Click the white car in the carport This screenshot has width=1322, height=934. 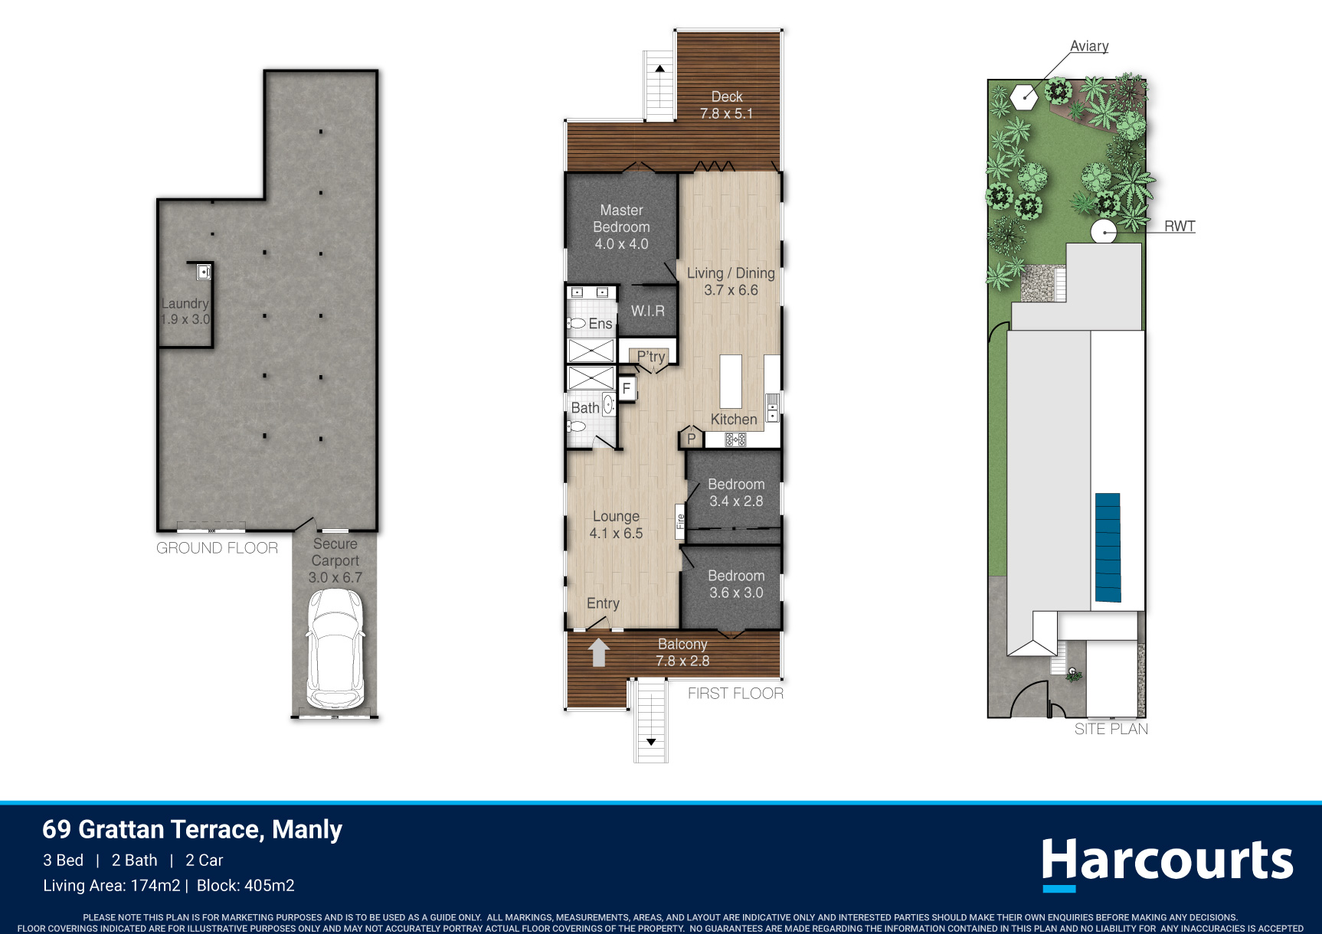pos(335,649)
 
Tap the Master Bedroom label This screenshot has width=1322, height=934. pos(621,227)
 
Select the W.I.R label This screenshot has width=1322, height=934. pos(648,311)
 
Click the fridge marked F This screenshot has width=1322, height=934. pos(627,388)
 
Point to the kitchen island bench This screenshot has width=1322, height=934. pos(731,381)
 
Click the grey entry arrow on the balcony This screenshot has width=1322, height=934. pos(598,652)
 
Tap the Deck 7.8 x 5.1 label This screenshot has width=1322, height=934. pos(727,105)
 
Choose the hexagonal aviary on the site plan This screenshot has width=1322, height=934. pos(1024,97)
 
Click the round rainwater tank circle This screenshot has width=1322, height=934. pos(1104,231)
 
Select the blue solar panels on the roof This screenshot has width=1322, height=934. pos(1108,547)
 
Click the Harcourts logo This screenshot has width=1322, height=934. pos(1167,863)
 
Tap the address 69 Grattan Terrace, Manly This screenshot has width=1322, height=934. pos(192,830)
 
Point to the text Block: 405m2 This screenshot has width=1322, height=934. pos(246,886)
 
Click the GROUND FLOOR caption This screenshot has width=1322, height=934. pos(217,548)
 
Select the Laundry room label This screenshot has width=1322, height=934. pos(185,312)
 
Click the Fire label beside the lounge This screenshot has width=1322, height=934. pos(679,521)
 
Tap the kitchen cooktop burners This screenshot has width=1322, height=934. pos(735,439)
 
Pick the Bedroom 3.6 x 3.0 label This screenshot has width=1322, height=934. pos(736,584)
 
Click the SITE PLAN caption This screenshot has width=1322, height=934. pos(1111,729)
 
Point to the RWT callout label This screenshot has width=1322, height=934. pos(1180,226)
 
